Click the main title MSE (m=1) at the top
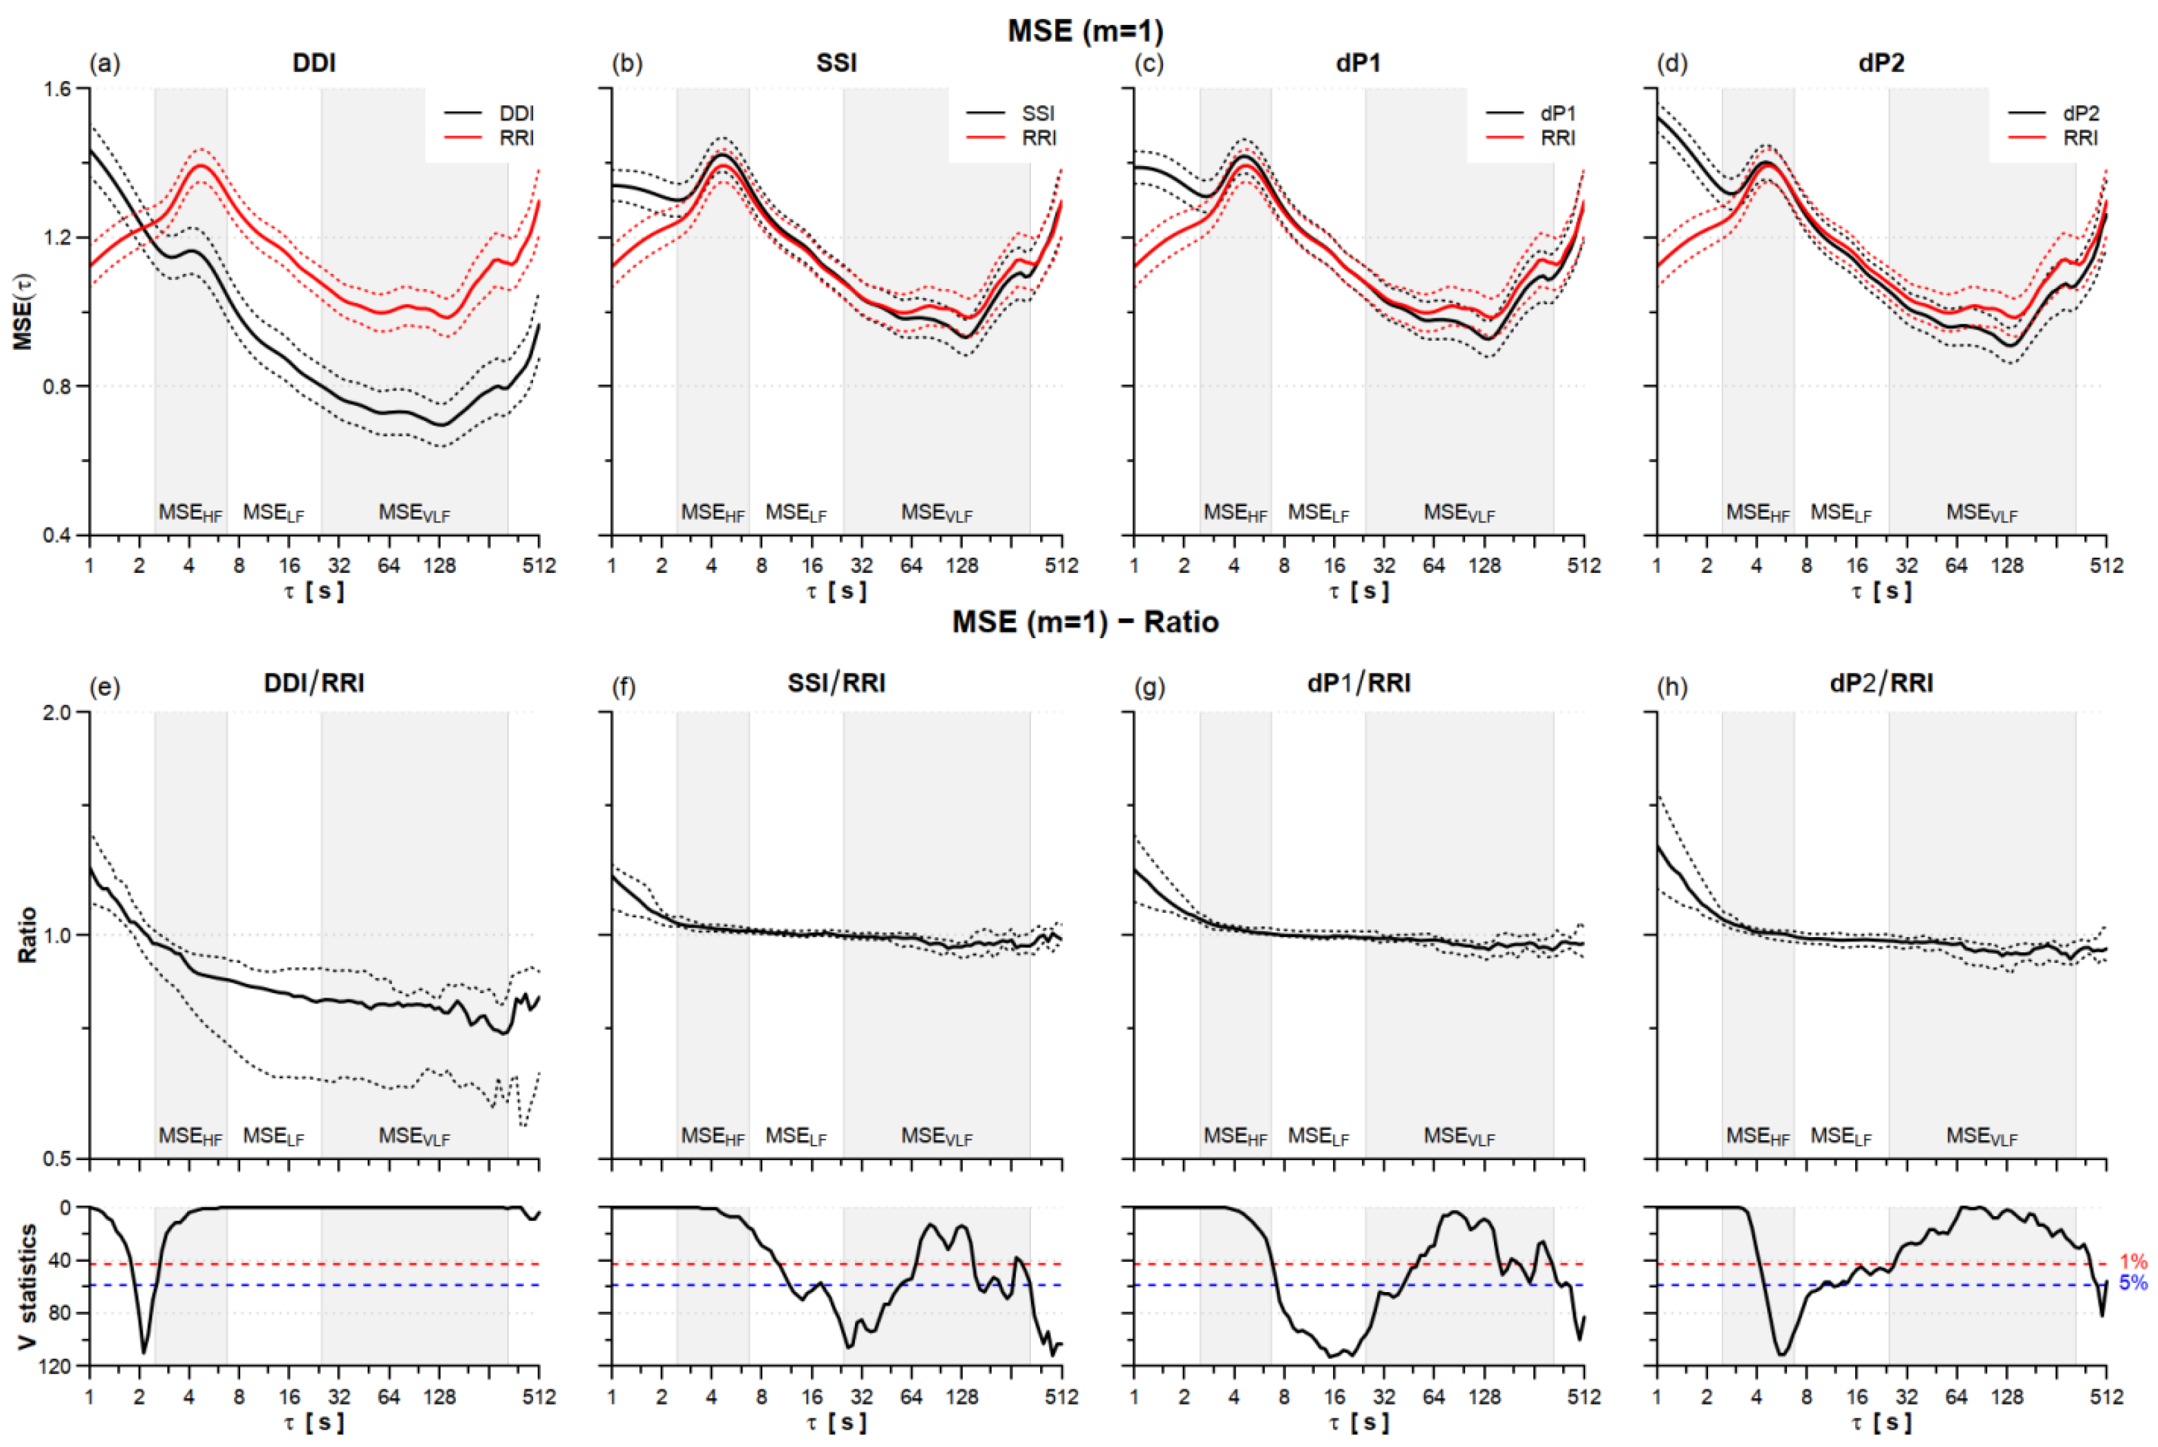(1085, 31)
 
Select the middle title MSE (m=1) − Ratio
(1085, 622)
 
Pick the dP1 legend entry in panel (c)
(1531, 114)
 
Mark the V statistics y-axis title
(27, 1285)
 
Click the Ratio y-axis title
(27, 935)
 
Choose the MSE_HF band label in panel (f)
(712, 1136)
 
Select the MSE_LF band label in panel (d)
(1841, 513)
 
